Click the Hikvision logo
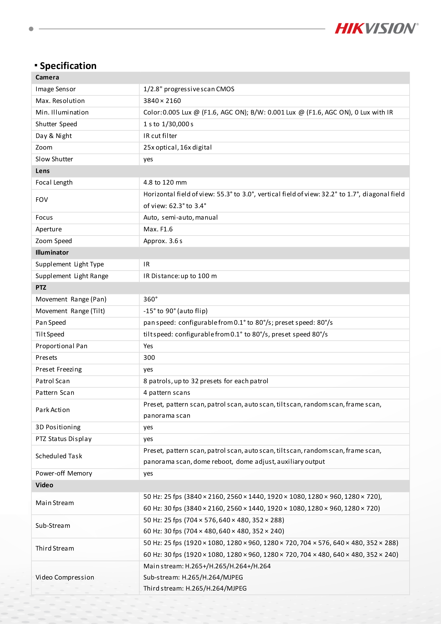(376, 28)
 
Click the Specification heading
(68, 66)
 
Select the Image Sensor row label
(55, 89)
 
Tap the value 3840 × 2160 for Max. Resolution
(162, 101)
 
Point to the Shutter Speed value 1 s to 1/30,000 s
(168, 124)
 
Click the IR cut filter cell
(160, 136)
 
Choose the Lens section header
(43, 171)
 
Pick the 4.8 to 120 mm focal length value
(165, 182)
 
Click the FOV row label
(42, 200)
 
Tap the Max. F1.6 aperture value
(158, 229)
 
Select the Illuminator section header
(52, 253)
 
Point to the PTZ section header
(41, 288)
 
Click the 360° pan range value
(150, 299)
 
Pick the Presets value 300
(149, 358)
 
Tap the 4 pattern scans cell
(167, 393)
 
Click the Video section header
(44, 485)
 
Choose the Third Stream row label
(55, 548)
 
